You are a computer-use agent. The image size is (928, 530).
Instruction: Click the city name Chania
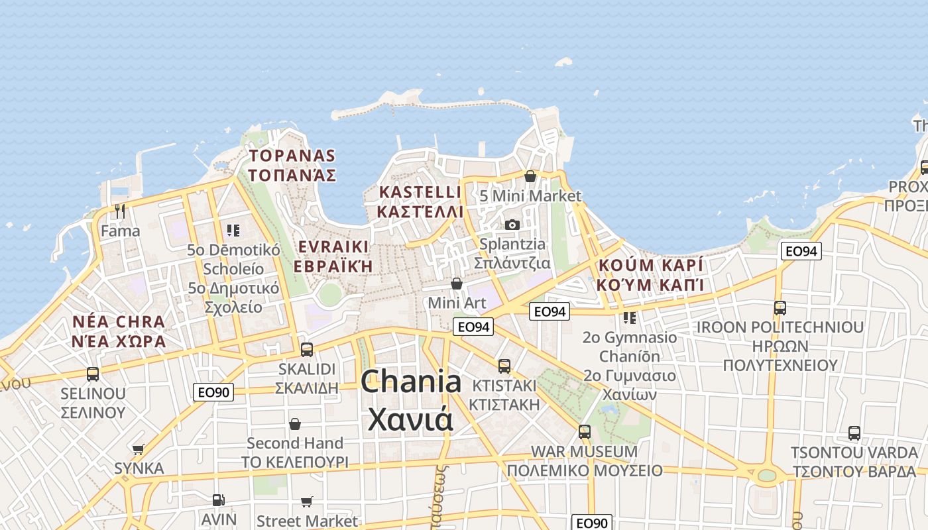[411, 383]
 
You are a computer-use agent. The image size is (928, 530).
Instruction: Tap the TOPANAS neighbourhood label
[292, 156]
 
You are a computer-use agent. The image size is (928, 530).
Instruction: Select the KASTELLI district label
[420, 193]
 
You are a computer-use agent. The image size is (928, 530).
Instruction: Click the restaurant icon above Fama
[120, 211]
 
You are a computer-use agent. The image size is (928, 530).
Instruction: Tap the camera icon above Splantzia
[512, 225]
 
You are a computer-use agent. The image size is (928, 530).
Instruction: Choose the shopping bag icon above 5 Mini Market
[530, 176]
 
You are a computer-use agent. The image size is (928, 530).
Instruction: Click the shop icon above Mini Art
[457, 284]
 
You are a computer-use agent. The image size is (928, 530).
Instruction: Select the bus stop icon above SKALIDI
[307, 349]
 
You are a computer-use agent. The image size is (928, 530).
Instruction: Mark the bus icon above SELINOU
[93, 374]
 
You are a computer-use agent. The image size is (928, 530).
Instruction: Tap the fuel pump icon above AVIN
[218, 500]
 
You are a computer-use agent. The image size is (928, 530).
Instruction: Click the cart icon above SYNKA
[139, 449]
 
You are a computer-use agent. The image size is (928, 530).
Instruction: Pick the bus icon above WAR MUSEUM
[584, 431]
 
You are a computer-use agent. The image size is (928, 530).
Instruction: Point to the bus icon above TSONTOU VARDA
[854, 433]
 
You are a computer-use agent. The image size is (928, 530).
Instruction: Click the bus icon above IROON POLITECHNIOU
[780, 307]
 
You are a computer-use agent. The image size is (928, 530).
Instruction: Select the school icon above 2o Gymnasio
[629, 318]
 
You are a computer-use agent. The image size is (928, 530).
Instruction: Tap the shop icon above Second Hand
[295, 423]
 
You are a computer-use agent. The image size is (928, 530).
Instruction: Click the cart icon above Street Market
[306, 502]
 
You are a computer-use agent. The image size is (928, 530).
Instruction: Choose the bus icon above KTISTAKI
[504, 366]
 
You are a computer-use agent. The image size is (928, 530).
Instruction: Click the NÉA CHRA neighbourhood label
[119, 323]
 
